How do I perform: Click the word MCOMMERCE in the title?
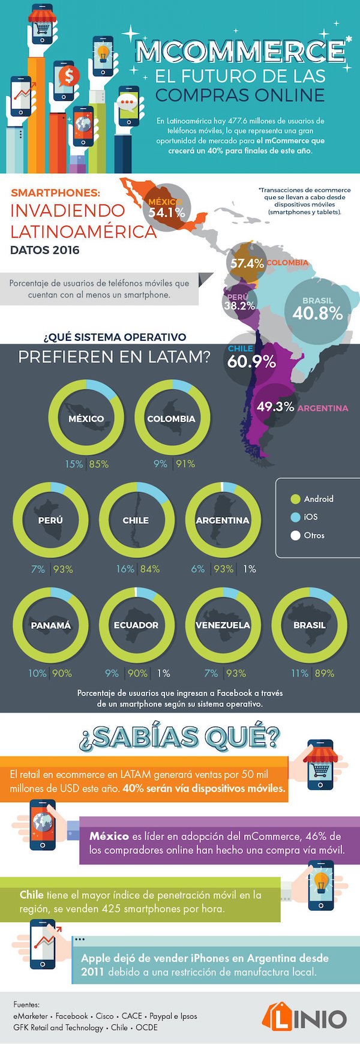point(240,52)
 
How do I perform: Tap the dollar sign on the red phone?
point(68,77)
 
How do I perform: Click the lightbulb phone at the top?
point(103,53)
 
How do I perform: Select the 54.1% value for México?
point(167,212)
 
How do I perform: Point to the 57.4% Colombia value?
point(247,263)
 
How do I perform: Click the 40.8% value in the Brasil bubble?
point(317,313)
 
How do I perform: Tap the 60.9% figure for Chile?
point(251,361)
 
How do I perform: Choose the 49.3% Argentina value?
point(275,407)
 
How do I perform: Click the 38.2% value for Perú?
point(239,305)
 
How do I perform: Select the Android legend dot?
point(295,499)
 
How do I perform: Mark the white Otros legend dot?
point(295,535)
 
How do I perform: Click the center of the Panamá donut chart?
point(51,625)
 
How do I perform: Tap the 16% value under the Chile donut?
point(125,569)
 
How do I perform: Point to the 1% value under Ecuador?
point(164,673)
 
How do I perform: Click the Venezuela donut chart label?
point(223,625)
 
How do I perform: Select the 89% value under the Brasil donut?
point(325,673)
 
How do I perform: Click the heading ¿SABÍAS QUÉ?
point(180,737)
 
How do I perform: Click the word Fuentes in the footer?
point(26,1004)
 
